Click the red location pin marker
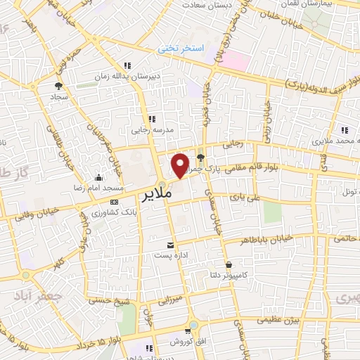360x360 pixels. click(x=180, y=164)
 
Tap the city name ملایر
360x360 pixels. click(x=162, y=195)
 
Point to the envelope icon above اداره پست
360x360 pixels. click(x=170, y=245)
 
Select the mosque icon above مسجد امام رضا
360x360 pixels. click(x=100, y=178)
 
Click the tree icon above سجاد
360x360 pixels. click(x=58, y=86)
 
